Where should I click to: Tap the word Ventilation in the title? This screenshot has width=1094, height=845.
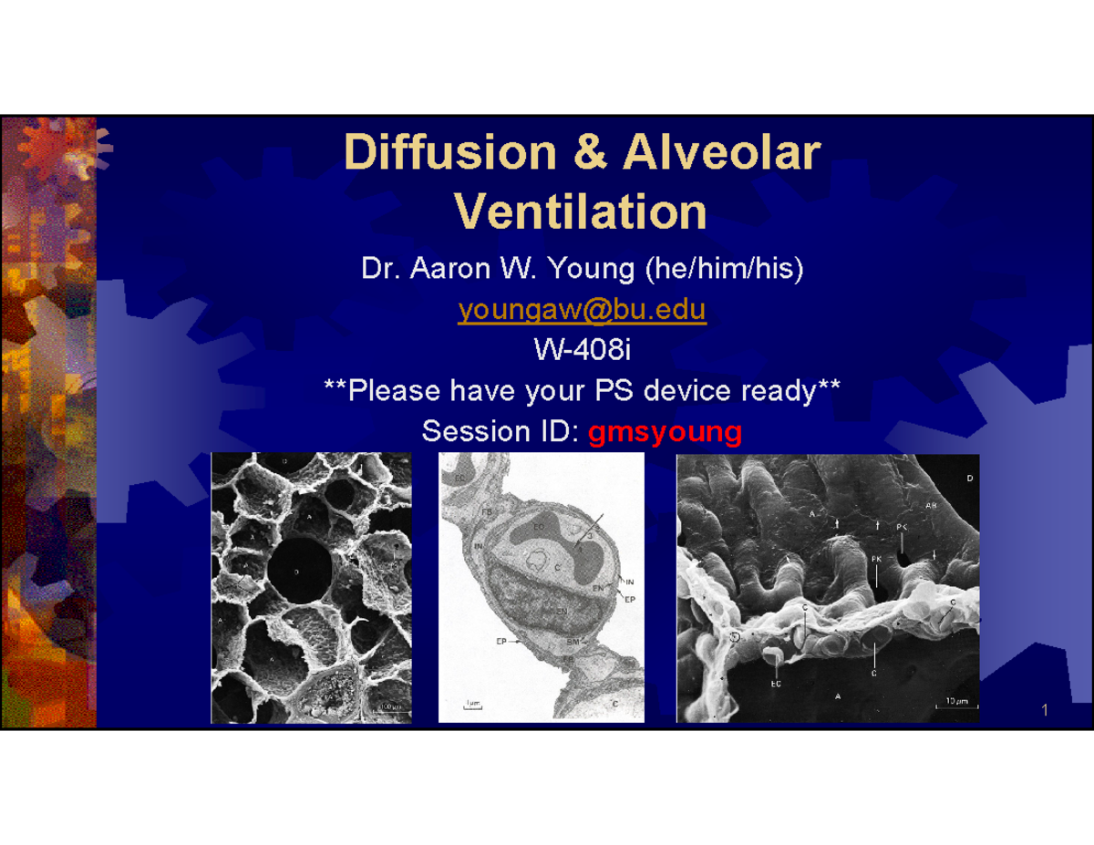581,211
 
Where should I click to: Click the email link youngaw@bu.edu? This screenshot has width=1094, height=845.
582,311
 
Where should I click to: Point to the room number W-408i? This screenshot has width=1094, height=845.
583,351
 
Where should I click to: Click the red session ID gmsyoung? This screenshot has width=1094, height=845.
665,431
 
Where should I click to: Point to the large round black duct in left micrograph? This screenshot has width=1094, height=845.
300,572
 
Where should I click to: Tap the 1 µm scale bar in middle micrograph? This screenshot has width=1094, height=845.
472,705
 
